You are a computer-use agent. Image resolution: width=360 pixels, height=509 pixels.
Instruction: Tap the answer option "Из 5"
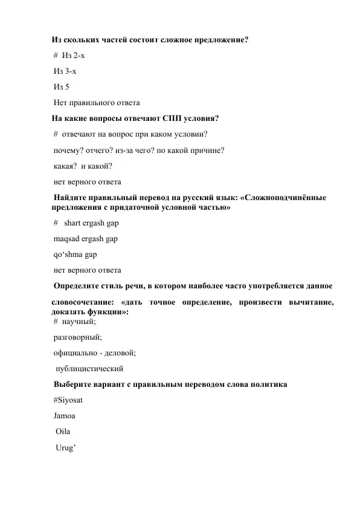click(x=62, y=86)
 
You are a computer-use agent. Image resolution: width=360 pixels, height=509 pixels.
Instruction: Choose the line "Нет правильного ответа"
click(x=97, y=102)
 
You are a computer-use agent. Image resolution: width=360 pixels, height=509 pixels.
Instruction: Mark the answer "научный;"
click(x=74, y=322)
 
